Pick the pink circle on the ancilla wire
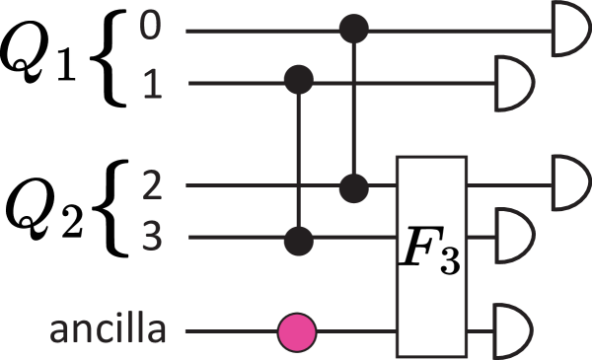click(x=297, y=332)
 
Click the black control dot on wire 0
click(x=353, y=30)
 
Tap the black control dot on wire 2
click(x=353, y=184)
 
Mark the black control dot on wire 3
click(x=299, y=238)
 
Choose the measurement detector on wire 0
click(x=567, y=30)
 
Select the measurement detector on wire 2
click(x=567, y=184)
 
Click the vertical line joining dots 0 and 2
click(x=353, y=108)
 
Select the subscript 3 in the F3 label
click(x=449, y=266)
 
